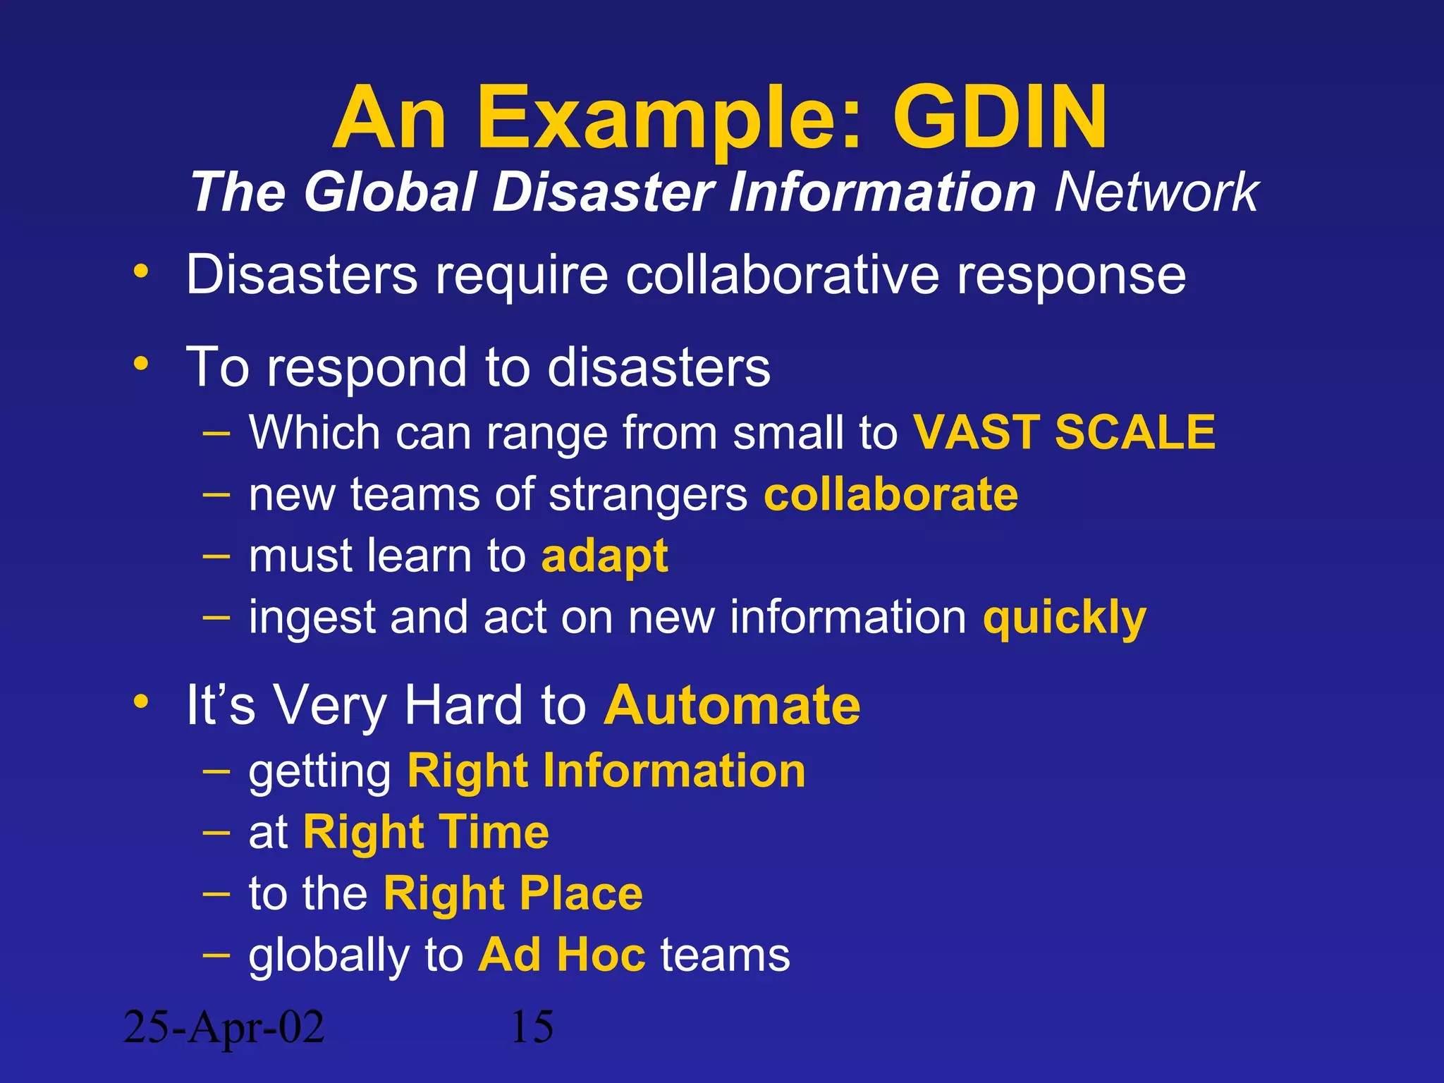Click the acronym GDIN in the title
pyautogui.click(x=1000, y=118)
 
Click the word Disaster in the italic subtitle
pyautogui.click(x=603, y=192)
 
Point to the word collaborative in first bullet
pyautogui.click(x=782, y=274)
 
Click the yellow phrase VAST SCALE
pyautogui.click(x=1064, y=432)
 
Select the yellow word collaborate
pyautogui.click(x=891, y=494)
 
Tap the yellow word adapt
pyautogui.click(x=604, y=556)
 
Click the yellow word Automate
pyautogui.click(x=732, y=705)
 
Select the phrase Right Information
pyautogui.click(x=606, y=771)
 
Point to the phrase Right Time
pyautogui.click(x=426, y=833)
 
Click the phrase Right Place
pyautogui.click(x=513, y=894)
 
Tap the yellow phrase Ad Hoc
pyautogui.click(x=562, y=955)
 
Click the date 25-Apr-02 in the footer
pyautogui.click(x=224, y=1027)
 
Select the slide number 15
pyautogui.click(x=532, y=1027)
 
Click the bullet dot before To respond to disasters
pyautogui.click(x=141, y=364)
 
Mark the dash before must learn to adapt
pyautogui.click(x=216, y=556)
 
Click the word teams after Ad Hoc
pyautogui.click(x=725, y=955)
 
